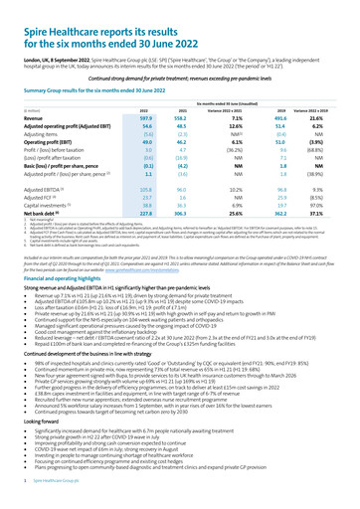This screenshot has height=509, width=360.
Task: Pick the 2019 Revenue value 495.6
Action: [x=291, y=117]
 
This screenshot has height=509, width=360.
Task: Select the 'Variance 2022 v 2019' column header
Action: [x=331, y=107]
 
